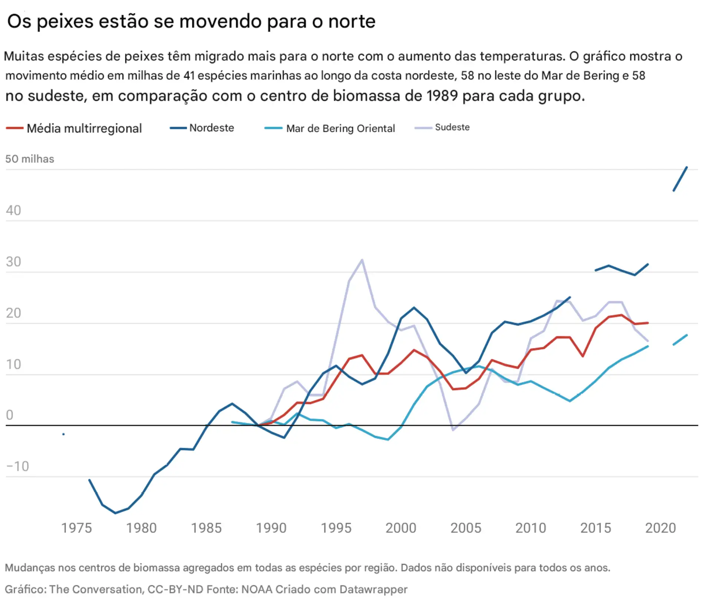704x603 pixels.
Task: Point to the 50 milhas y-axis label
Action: point(30,159)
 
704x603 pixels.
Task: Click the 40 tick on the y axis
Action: point(13,211)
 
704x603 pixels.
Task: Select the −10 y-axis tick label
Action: point(17,466)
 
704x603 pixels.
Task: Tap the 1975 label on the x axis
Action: point(76,528)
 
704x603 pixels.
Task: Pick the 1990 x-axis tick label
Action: point(271,528)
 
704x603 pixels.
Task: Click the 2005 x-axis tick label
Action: point(466,528)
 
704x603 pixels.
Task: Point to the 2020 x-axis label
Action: point(661,528)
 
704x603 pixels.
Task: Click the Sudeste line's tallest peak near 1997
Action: point(362,260)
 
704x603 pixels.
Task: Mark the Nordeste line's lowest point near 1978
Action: point(116,513)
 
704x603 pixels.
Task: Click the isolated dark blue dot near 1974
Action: point(63,434)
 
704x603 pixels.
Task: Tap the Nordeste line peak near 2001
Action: point(414,308)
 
